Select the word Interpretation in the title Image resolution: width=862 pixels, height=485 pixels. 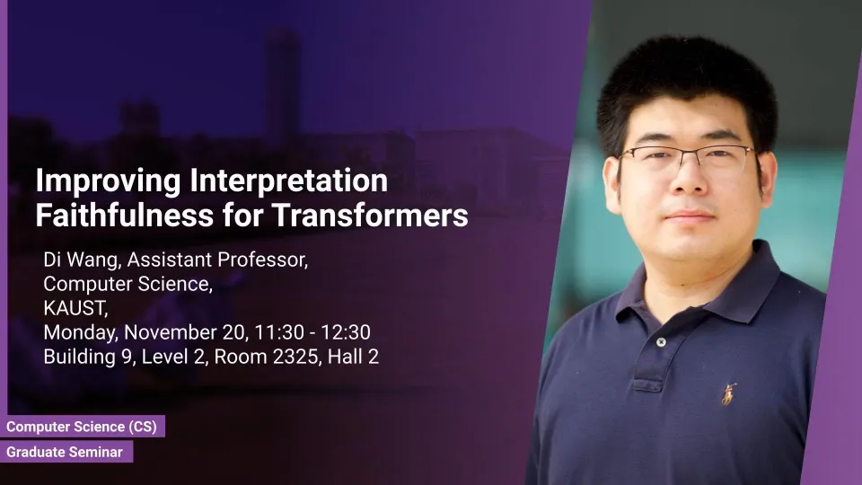pos(288,181)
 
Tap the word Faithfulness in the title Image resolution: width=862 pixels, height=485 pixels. pos(124,215)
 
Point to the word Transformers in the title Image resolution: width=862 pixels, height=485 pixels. pos(371,215)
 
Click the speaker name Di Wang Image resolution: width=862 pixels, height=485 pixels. pos(82,260)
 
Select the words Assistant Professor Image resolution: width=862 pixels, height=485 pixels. pos(217,260)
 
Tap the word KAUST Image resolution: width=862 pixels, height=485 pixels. pos(75,308)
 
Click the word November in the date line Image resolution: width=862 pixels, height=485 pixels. pos(171,332)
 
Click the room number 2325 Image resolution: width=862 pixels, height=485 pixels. pos(295,357)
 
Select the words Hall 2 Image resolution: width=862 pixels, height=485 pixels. pos(353,357)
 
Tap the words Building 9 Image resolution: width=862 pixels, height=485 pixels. pos(88,357)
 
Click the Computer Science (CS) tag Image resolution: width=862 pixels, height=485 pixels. pos(83,426)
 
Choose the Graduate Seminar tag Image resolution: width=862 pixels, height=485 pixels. pos(66,452)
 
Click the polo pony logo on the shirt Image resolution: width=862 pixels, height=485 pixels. pos(729,393)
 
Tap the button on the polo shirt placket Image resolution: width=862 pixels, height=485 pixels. pos(662,342)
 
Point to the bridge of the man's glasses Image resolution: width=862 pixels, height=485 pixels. pos(689,154)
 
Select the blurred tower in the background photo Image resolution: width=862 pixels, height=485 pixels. pos(281,83)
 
